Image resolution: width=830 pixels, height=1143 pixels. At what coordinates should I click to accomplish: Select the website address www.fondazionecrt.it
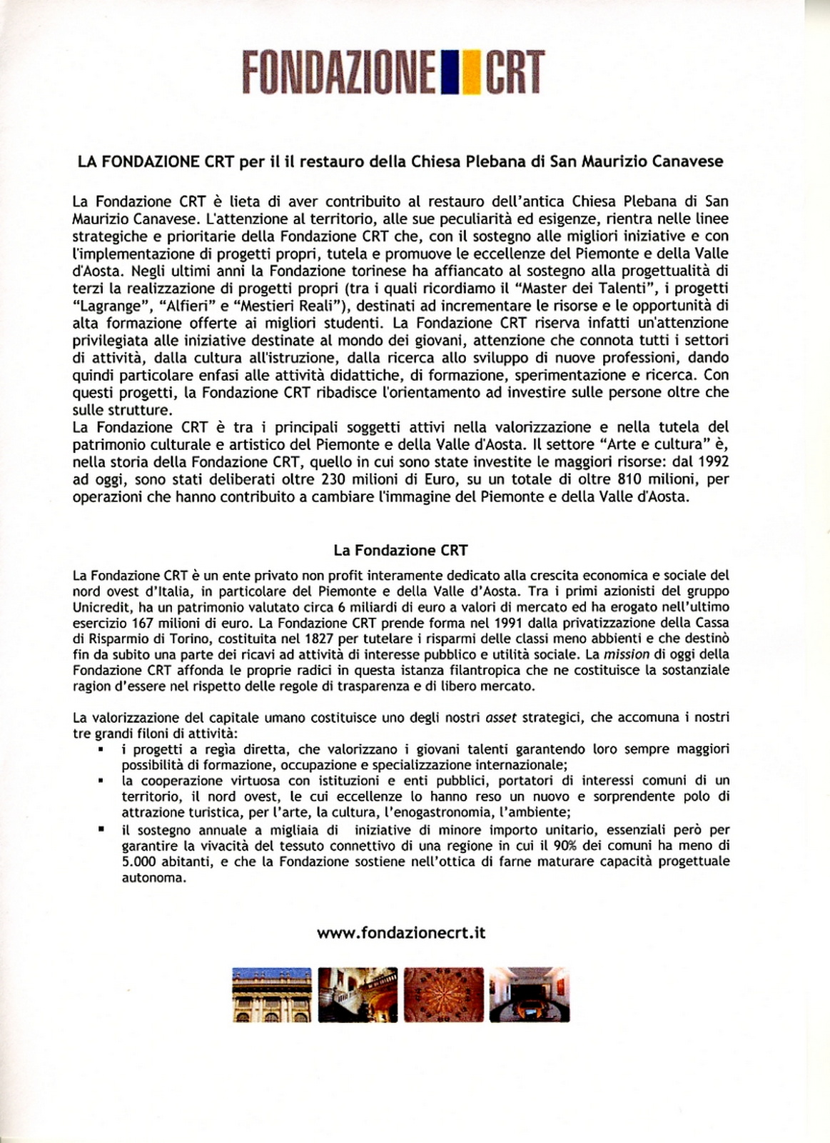(401, 932)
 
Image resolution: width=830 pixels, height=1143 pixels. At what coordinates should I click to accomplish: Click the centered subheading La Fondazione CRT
(400, 550)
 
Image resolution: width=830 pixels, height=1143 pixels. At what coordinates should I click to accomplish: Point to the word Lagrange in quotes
(105, 306)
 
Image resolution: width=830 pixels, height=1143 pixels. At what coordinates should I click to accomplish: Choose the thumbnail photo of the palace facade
(272, 994)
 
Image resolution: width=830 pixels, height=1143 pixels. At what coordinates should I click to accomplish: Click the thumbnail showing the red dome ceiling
(443, 994)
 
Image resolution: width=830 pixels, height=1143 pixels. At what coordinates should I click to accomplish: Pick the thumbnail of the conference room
(529, 994)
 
